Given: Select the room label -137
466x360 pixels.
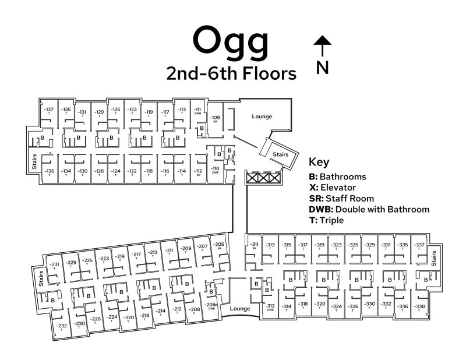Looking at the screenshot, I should point(50,110).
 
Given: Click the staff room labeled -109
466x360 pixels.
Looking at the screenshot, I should point(216,119).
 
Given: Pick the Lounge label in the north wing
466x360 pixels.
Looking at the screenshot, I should point(262,117).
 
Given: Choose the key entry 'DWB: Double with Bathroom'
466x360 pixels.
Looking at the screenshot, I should point(369,209).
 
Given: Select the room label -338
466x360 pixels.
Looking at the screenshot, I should point(419,307).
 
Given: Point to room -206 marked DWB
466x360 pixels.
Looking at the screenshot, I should point(211,305).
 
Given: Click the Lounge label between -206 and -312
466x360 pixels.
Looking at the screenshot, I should point(240,308).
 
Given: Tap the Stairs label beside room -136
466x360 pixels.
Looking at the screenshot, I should point(34,161).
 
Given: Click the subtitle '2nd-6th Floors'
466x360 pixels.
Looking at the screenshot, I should point(231,74).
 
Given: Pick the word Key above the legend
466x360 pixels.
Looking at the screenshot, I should point(319,163).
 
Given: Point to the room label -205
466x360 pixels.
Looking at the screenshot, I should point(219,245).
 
